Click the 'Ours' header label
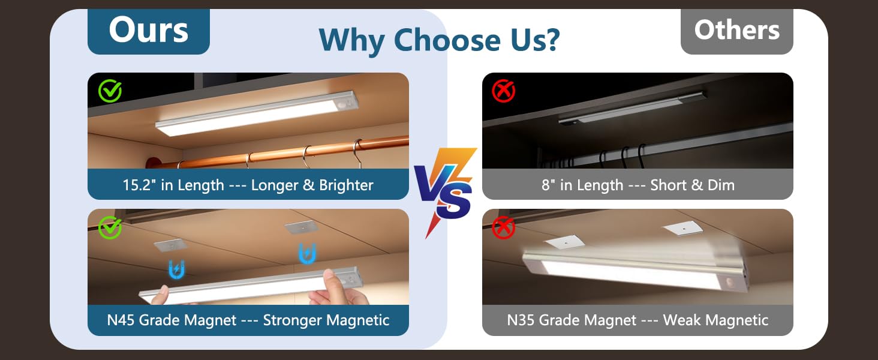148,30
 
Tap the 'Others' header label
736,29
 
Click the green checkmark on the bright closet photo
110,91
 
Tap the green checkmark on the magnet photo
110,227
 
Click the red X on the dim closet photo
504,91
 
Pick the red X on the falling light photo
504,227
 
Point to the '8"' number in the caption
548,185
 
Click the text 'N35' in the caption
521,320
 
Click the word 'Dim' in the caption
720,185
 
